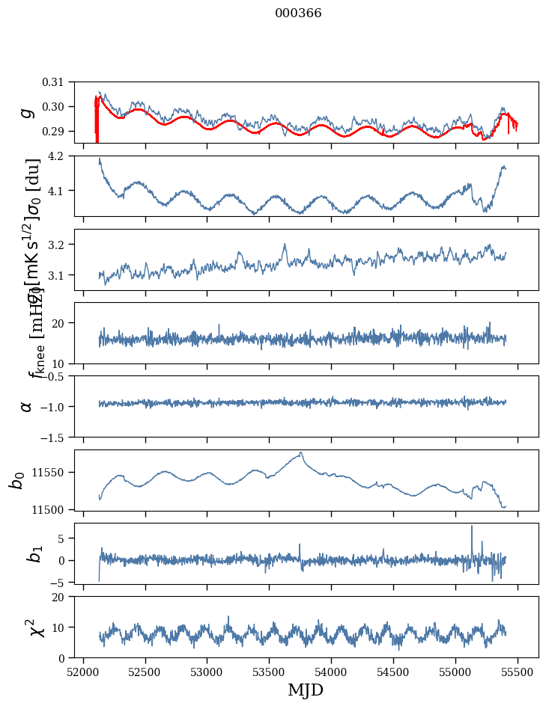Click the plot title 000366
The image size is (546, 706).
[298, 13]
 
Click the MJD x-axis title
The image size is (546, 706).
[306, 690]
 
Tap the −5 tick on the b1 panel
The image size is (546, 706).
[66, 581]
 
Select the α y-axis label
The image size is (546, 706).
[27, 406]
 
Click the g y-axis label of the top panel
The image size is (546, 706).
[27, 112]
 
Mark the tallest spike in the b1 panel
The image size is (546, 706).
[472, 527]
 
